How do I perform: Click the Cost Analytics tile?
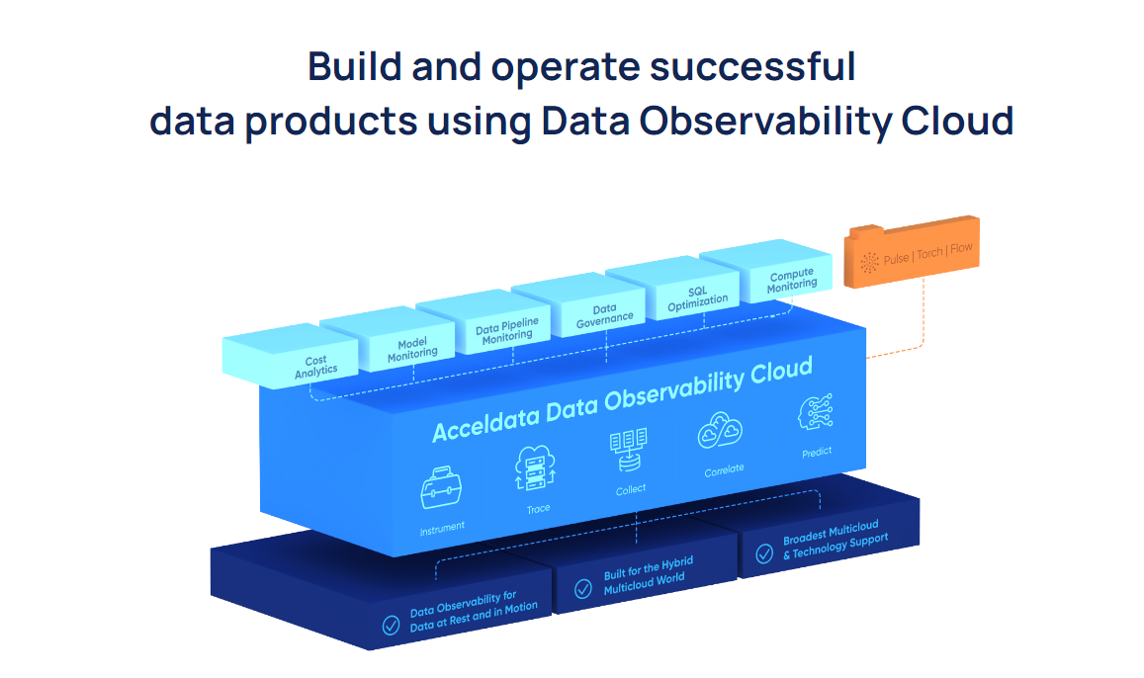pos(315,365)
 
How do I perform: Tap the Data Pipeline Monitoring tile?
pos(507,329)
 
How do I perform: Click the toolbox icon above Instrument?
pos(441,488)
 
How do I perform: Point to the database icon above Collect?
pos(628,451)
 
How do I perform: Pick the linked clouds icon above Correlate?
pos(720,431)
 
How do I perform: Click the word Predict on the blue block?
pos(817,452)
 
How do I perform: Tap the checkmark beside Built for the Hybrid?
pos(583,589)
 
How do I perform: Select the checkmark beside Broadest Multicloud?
pos(764,553)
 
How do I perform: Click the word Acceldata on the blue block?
pos(482,425)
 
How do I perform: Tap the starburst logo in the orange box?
pos(870,262)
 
